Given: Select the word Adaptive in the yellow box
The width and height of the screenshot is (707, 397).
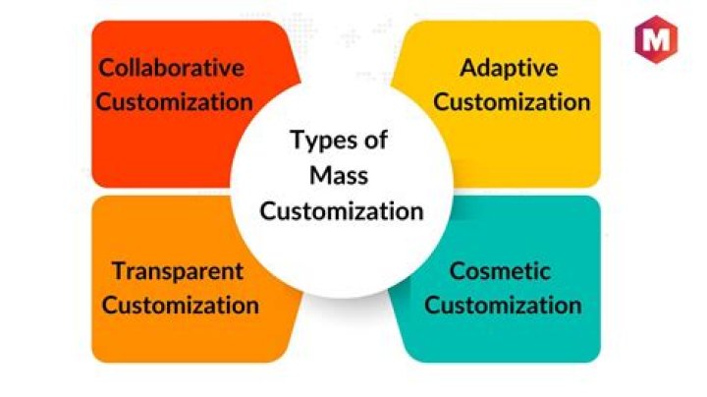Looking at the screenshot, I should [x=509, y=69].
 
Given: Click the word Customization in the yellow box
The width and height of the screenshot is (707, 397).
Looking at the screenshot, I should [x=512, y=101].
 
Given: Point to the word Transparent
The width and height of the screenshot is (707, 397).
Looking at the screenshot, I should [x=178, y=271].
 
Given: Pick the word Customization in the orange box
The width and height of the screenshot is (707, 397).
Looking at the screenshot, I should [x=181, y=305].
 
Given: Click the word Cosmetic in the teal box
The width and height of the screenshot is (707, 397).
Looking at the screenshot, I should [x=500, y=271].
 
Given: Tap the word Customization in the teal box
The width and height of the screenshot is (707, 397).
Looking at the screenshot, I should [x=503, y=305].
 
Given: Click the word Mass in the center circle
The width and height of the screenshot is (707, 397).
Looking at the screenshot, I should [x=341, y=175].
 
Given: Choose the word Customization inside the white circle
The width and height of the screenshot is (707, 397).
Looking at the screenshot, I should [x=342, y=209].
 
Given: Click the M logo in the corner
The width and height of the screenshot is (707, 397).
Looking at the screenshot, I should [x=654, y=40].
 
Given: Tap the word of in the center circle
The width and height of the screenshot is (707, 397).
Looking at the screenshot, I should [x=375, y=140].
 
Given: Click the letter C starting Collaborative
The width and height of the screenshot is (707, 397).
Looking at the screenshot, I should [x=105, y=69].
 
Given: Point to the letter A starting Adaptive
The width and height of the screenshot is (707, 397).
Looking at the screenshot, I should [x=467, y=69].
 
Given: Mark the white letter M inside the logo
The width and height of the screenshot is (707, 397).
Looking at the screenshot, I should [x=654, y=41].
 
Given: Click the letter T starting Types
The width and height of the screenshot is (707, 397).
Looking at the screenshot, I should [x=296, y=140].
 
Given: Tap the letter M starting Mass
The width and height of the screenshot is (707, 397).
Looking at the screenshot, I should [x=318, y=175].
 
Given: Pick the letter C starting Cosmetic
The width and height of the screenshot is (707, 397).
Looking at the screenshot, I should [x=457, y=271].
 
